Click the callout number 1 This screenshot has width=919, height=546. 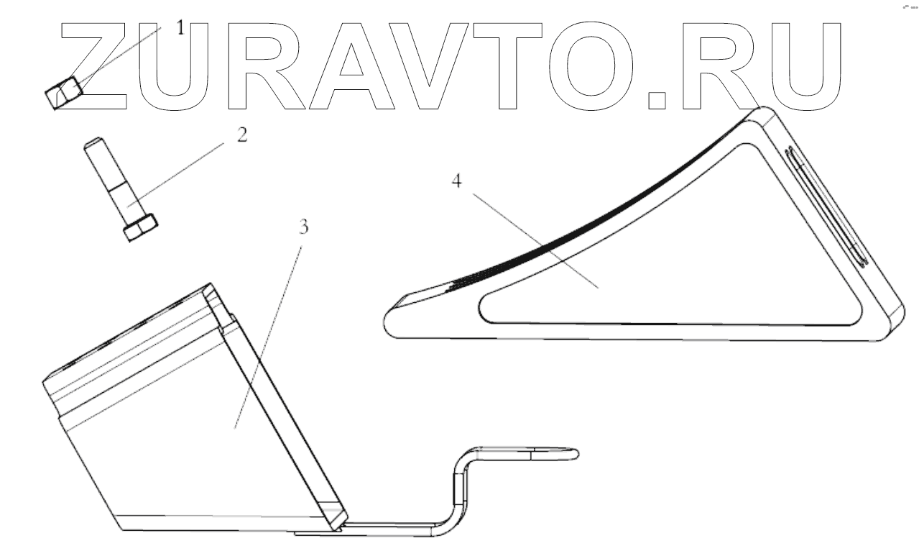coord(180,29)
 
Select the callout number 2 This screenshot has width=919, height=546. coord(242,135)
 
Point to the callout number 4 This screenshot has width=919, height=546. coord(456,180)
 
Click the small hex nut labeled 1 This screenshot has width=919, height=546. coord(64,93)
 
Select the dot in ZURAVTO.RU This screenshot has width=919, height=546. coord(657,100)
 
